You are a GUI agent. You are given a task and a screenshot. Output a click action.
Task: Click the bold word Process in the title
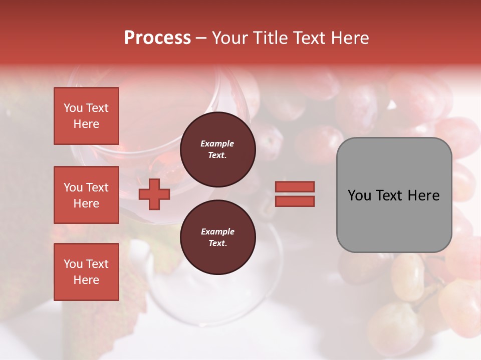(157, 38)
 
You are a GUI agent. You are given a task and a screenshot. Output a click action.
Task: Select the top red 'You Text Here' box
(86, 116)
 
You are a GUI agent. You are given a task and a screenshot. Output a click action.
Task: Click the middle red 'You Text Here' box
(86, 195)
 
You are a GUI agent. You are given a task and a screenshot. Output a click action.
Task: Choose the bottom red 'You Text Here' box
(86, 272)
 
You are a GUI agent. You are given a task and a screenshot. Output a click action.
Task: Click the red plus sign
(154, 194)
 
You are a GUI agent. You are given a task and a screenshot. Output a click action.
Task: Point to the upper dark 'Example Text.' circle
(217, 149)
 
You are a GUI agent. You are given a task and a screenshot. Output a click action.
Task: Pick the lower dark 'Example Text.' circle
(217, 237)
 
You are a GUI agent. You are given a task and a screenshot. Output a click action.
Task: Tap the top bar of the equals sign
(295, 186)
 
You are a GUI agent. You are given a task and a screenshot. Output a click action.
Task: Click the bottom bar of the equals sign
(295, 201)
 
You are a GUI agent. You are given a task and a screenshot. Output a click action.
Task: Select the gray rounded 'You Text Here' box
(394, 195)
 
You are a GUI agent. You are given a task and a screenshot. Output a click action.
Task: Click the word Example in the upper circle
(217, 143)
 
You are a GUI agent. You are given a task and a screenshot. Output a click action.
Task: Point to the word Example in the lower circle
(217, 231)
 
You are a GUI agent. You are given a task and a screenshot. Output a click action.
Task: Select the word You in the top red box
(73, 108)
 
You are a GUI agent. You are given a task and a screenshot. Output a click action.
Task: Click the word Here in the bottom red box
(86, 280)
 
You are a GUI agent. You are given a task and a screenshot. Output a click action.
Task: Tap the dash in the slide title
(201, 38)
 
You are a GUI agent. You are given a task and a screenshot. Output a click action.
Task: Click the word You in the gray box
(359, 195)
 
